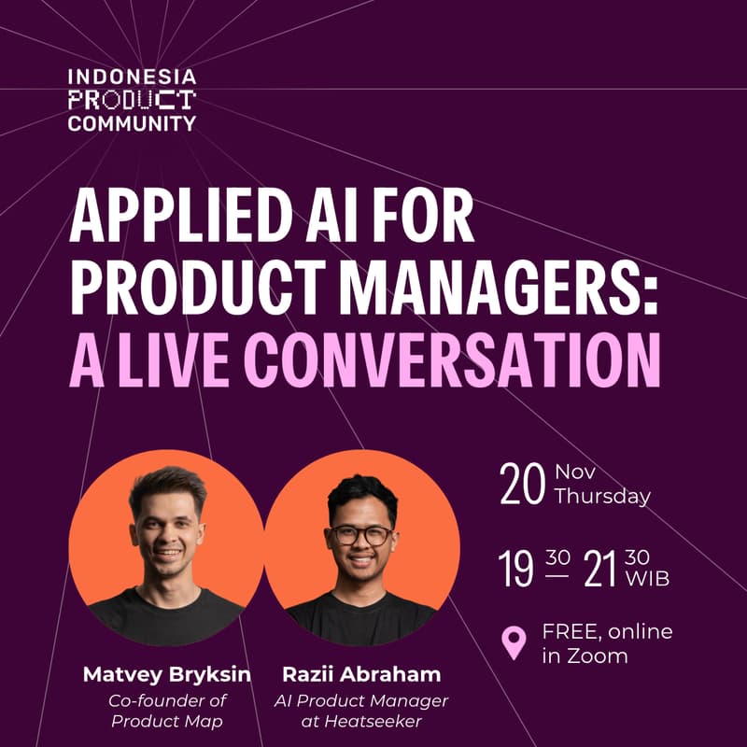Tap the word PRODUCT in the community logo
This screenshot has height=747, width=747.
coord(132,100)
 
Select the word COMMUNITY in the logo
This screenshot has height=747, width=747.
coord(132,122)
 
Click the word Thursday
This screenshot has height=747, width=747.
coord(602,497)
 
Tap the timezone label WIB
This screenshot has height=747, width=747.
coord(649,579)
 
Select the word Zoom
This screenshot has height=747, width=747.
coord(597,655)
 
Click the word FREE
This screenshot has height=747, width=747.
coord(568,632)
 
